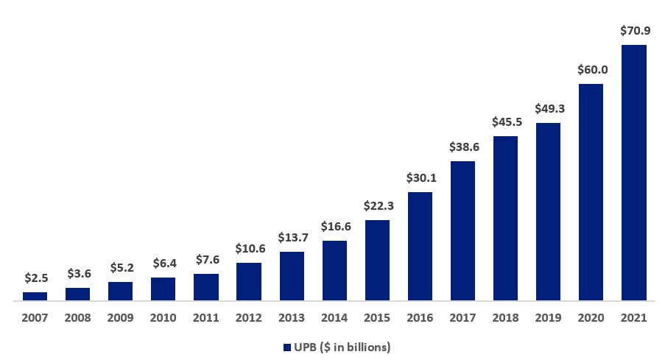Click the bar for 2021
click(633, 173)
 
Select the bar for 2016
click(420, 247)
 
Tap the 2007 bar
click(35, 297)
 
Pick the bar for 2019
click(548, 212)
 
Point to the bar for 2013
click(292, 276)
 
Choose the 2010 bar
click(163, 289)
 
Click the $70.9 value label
click(633, 32)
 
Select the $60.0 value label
click(591, 70)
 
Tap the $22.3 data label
click(377, 206)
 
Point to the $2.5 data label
click(35, 278)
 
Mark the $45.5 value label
click(505, 122)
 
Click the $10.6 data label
click(249, 249)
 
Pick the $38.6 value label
click(462, 147)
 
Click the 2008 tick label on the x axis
click(77, 318)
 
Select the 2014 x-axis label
click(334, 318)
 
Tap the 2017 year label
click(462, 318)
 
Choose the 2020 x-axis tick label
click(591, 318)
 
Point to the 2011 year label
click(205, 318)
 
